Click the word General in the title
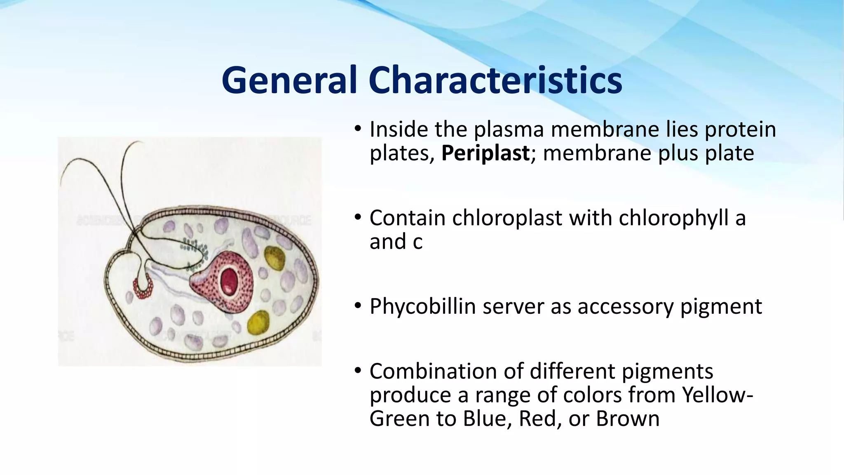pos(288,80)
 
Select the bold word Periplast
pos(485,153)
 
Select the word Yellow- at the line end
pos(717,395)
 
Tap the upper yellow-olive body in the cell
pos(274,258)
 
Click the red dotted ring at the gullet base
pos(143,290)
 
